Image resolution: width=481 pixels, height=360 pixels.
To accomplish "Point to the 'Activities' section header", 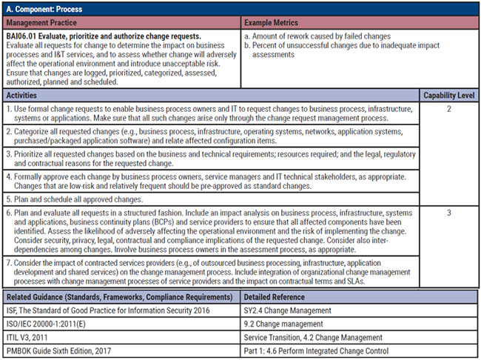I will tap(25, 96).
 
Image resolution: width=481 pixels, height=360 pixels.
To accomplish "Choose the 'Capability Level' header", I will tap(448, 96).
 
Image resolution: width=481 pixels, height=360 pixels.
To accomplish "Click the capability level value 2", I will tap(448, 108).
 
